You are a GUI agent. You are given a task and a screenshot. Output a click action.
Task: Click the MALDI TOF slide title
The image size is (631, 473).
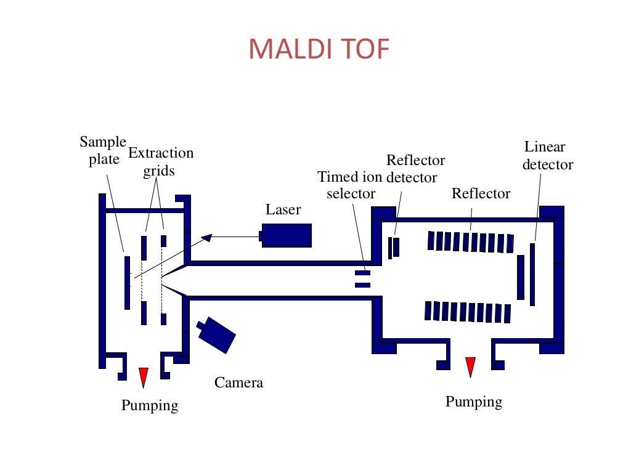[319, 50]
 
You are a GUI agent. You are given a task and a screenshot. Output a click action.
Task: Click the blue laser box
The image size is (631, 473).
[287, 235]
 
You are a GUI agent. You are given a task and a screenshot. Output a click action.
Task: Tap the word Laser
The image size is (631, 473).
[283, 209]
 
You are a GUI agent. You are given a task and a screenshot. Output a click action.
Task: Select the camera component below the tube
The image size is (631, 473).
[218, 336]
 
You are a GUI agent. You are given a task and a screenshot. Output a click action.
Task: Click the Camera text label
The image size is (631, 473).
[238, 382]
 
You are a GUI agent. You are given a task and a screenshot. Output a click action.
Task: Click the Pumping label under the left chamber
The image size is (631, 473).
[150, 405]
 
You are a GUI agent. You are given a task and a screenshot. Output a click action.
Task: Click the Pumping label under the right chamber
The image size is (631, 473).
[473, 402]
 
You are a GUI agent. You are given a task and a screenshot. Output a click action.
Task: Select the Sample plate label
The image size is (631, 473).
[102, 151]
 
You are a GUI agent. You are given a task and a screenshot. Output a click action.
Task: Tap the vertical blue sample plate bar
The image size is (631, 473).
[127, 283]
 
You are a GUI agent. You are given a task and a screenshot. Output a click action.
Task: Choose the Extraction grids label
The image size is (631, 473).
[160, 161]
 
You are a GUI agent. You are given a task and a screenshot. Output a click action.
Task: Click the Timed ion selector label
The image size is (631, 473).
[350, 185]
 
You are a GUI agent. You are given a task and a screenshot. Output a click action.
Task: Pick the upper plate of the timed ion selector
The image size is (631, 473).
[362, 272]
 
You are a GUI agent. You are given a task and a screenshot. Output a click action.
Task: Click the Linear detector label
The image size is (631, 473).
[547, 156]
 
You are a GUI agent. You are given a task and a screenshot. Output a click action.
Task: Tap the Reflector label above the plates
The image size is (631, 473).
[481, 193]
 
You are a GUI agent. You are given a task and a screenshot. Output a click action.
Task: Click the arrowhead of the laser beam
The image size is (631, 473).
[206, 236]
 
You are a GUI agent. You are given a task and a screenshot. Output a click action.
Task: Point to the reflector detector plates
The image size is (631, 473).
[393, 247]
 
